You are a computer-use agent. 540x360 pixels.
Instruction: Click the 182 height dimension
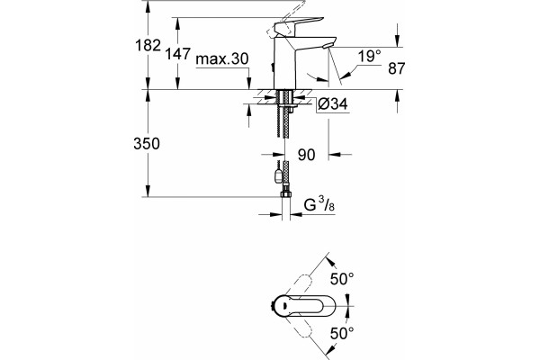point(148,45)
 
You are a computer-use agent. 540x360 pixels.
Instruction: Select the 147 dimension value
point(177,54)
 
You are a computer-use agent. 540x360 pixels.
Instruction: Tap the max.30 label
point(221,58)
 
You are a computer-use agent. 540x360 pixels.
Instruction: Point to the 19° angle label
point(370,56)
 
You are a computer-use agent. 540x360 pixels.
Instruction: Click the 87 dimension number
point(396,68)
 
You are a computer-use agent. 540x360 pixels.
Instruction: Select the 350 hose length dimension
point(147,143)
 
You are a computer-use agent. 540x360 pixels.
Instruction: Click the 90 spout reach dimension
point(307,155)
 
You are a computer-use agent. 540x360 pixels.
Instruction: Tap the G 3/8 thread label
point(319,205)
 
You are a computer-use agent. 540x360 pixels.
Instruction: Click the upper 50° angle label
point(342,279)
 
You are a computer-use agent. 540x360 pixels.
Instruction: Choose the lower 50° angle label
point(342,333)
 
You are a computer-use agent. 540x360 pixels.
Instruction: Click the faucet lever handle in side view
point(299,25)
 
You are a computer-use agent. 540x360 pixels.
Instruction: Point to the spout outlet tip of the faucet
point(328,46)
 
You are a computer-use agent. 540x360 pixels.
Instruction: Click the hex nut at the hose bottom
point(285,194)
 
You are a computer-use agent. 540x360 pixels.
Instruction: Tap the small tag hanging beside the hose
point(277,175)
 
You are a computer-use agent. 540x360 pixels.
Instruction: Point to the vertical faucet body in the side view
point(283,63)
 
